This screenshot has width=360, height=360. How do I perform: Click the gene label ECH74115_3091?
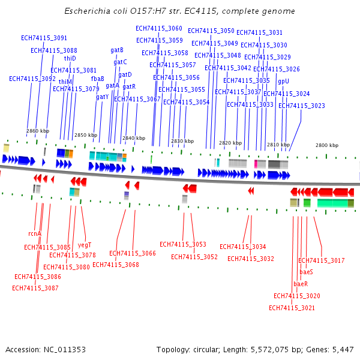tap(44, 38)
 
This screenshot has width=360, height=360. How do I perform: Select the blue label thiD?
tap(70, 58)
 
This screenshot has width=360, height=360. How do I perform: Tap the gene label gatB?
tap(117, 50)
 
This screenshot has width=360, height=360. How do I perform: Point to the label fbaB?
tap(98, 79)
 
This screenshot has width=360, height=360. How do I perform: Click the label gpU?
tap(283, 81)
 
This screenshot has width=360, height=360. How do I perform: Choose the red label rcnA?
tap(35, 233)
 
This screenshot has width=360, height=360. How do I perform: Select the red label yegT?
tap(85, 245)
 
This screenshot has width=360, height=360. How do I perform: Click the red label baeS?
tap(306, 272)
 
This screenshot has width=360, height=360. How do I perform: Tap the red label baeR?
tap(301, 284)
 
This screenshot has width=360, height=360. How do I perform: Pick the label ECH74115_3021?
tap(292, 308)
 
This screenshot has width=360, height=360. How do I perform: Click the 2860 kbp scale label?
tap(38, 131)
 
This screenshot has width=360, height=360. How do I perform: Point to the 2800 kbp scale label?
tap(327, 145)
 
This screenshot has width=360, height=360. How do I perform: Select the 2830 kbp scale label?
tap(182, 142)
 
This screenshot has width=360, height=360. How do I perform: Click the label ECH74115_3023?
tap(302, 106)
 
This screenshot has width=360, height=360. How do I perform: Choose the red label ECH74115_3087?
tap(35, 288)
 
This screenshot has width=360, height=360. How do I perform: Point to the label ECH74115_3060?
tap(159, 28)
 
